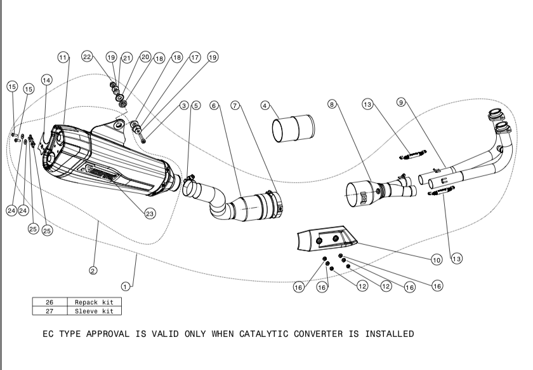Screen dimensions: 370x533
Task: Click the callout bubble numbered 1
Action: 126,286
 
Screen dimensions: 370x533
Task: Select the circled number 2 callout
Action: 93,270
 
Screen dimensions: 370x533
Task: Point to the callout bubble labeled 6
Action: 214,106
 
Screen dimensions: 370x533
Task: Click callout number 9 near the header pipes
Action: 401,102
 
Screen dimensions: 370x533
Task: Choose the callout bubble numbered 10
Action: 436,259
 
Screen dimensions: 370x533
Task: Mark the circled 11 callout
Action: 62,57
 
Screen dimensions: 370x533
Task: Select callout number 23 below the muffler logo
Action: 150,214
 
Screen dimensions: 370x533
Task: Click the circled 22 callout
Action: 88,57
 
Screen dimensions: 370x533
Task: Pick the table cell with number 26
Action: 49,302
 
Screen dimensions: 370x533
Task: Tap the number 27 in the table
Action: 49,311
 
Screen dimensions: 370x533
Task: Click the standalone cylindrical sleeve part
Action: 294,129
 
